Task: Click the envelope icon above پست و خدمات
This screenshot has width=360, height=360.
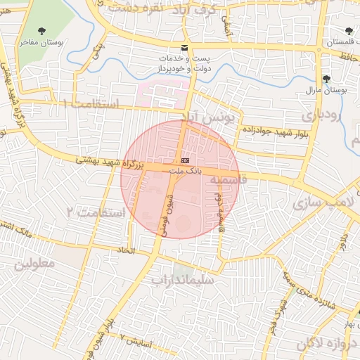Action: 185,48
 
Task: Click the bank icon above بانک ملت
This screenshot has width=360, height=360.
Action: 185,160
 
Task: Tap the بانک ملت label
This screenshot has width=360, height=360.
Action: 185,171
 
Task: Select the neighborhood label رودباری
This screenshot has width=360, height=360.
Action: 323,113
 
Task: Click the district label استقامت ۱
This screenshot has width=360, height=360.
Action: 89,103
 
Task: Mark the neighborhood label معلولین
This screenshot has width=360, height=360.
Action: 34,265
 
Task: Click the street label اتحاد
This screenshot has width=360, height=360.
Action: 125,250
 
